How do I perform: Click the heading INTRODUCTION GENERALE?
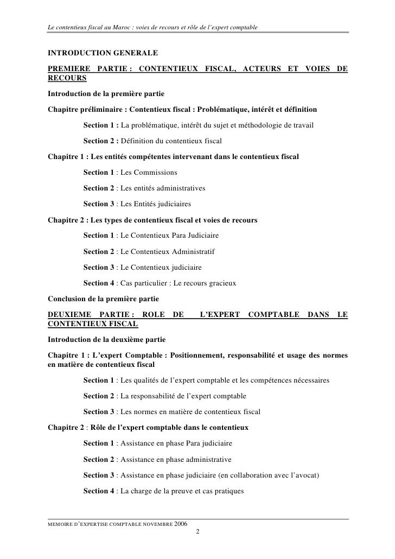tap(103, 54)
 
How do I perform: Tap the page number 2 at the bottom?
tap(197, 531)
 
